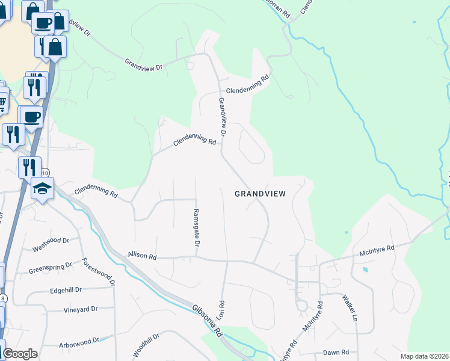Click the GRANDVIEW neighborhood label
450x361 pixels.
tap(260, 194)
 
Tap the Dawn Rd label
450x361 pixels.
tap(336, 353)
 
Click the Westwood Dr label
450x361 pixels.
tap(48, 247)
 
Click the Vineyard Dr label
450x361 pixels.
tap(80, 310)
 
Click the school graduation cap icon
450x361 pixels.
tap(43, 188)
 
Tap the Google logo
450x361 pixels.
tap(20, 354)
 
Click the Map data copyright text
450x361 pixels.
tap(424, 356)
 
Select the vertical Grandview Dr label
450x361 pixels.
tap(222, 116)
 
